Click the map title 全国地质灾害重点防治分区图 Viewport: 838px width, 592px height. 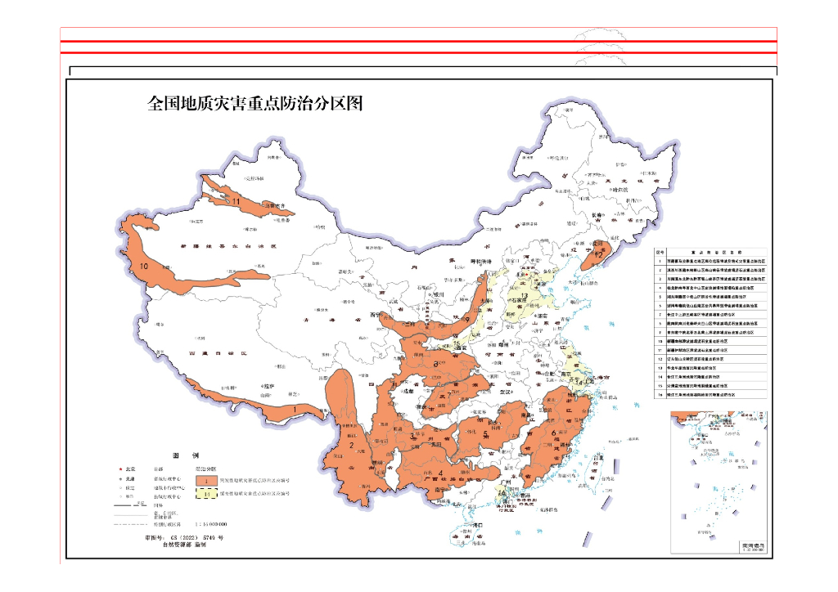[255, 104]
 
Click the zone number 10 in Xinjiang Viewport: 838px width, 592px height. [144, 267]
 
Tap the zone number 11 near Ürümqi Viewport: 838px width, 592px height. [235, 200]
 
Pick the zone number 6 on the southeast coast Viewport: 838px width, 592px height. [554, 433]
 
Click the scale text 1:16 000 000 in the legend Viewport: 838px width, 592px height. [210, 523]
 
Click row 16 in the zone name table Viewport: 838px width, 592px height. [711, 395]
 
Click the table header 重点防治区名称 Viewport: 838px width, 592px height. [717, 254]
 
